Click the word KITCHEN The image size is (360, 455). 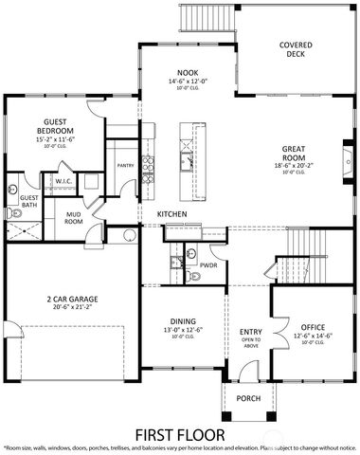[171, 215]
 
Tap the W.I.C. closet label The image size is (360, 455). [63, 180]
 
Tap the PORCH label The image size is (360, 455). [248, 398]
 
